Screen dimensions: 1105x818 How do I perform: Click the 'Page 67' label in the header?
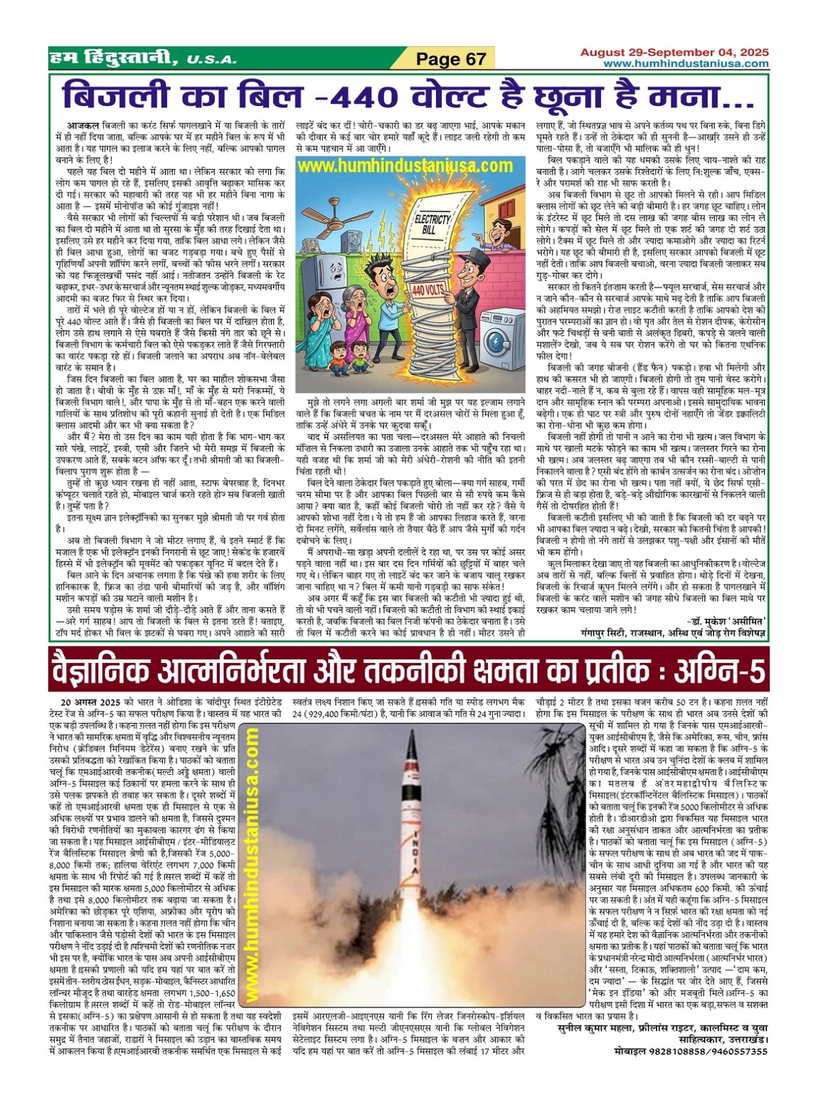click(x=451, y=59)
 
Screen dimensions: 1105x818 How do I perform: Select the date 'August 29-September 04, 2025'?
click(x=675, y=53)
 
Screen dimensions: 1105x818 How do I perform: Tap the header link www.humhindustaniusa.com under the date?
click(x=685, y=64)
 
